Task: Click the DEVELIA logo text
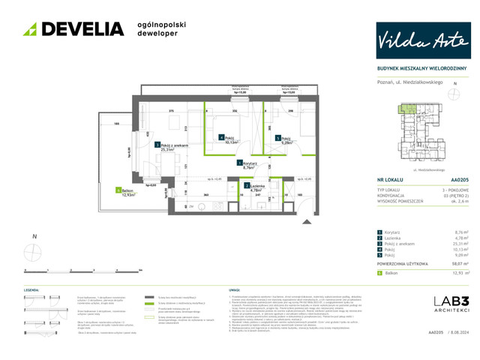82,29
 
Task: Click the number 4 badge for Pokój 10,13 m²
221,137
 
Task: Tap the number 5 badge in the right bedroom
277,138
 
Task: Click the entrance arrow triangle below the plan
306,222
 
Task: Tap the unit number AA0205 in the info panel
460,181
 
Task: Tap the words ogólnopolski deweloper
161,29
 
